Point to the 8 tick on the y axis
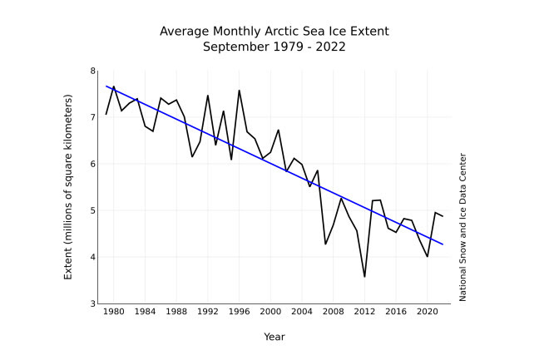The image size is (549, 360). point(92,72)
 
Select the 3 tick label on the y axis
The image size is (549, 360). point(92,304)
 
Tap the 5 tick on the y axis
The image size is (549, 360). point(92,211)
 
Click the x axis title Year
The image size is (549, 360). point(274,337)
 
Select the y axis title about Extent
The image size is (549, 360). point(69,187)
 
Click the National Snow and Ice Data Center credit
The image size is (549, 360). point(462,226)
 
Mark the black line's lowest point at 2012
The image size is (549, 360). point(364,277)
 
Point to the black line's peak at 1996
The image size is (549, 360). point(240,91)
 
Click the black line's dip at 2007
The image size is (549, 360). point(325,244)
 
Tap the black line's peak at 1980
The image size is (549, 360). point(114,86)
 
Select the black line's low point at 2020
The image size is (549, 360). point(427,256)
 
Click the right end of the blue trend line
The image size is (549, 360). point(443,244)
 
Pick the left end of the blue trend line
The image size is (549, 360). point(106,86)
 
